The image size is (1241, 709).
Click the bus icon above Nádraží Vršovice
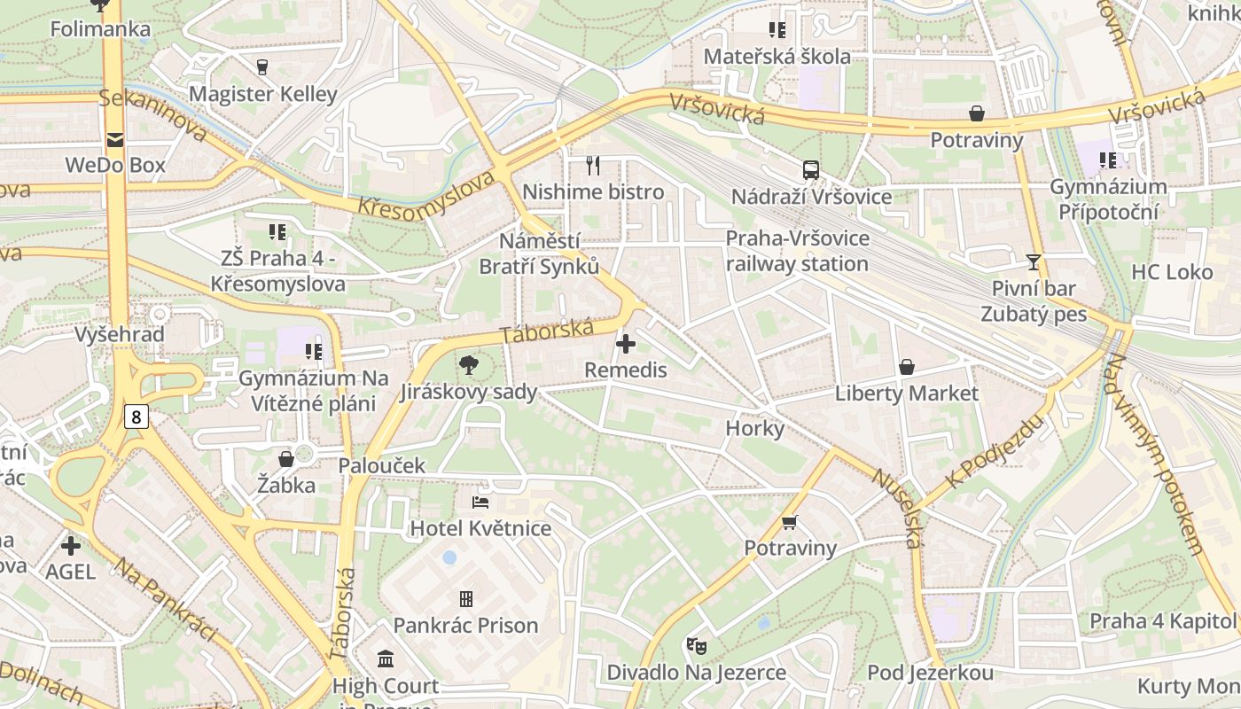(810, 169)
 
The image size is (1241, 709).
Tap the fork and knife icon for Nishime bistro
(593, 165)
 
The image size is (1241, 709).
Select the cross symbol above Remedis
(626, 343)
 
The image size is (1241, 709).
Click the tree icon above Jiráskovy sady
(468, 364)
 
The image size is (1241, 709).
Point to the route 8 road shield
(136, 416)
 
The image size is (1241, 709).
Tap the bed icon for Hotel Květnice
(480, 503)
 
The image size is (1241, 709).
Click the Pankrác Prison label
(465, 625)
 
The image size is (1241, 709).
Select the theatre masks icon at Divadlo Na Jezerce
(696, 645)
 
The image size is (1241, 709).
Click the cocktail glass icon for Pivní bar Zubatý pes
(1033, 261)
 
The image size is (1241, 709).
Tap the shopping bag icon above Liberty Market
(907, 366)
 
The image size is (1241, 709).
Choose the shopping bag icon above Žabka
(286, 458)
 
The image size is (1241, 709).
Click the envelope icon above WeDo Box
(115, 139)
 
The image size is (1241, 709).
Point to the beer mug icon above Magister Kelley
(262, 66)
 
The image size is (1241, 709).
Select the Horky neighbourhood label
(755, 429)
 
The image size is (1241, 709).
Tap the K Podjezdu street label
(984, 453)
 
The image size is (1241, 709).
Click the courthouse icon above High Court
(386, 658)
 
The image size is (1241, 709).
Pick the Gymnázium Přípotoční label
(1108, 199)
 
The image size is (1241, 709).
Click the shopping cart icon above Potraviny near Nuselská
(790, 522)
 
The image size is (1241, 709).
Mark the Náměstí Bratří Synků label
(539, 253)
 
